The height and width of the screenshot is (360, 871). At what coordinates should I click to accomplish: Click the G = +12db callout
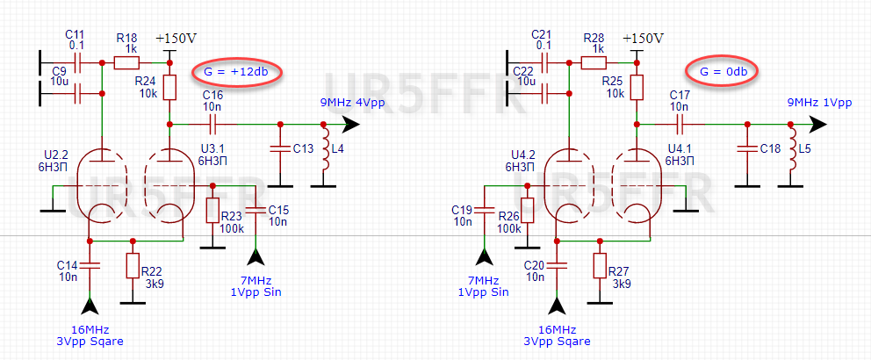[x=236, y=70]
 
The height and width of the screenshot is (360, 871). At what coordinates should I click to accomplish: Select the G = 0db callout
[x=721, y=70]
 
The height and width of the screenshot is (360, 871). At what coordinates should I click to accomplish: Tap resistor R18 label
[x=126, y=38]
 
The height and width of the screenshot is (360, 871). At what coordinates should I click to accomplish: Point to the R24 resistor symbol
[x=170, y=87]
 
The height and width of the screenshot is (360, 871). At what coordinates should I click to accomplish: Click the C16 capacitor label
[x=212, y=94]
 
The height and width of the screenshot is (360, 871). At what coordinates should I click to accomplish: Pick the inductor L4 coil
[x=325, y=152]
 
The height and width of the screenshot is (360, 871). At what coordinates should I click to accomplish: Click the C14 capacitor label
[x=68, y=263]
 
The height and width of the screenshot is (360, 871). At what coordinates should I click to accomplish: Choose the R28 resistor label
[x=594, y=38]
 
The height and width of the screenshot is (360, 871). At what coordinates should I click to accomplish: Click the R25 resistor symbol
[x=637, y=87]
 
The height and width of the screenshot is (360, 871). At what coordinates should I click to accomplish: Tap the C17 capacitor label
[x=680, y=94]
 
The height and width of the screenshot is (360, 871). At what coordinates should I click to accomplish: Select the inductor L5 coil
[x=792, y=152]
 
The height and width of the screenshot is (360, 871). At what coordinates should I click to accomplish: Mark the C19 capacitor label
[x=462, y=209]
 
